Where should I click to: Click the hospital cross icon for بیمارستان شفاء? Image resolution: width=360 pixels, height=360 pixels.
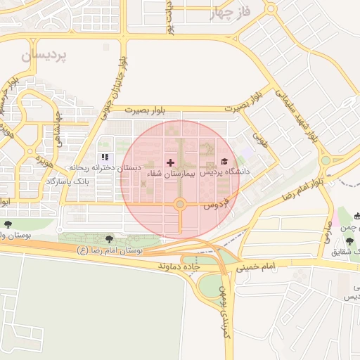170,162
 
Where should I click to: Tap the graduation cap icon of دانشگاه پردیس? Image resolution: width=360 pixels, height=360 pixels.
224,161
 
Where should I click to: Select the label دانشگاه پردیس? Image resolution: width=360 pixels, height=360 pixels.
225,172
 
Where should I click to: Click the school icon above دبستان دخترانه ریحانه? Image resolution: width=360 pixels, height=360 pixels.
105,157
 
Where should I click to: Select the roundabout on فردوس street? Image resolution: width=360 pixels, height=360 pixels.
180,205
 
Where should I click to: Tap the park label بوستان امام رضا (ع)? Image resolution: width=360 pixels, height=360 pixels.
110,250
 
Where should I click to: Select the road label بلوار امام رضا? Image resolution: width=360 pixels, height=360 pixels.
301,188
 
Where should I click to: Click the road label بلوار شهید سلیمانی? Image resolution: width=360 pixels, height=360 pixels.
295,113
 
